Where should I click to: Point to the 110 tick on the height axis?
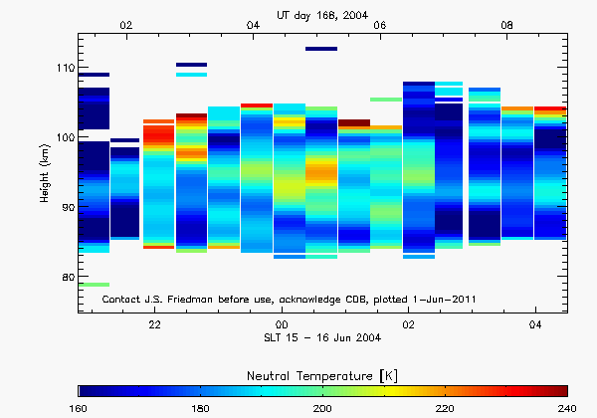(x=66, y=68)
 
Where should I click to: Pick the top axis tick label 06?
(x=379, y=25)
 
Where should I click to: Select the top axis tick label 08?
(x=506, y=25)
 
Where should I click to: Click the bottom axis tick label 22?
(x=155, y=325)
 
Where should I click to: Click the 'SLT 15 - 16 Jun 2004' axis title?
(x=322, y=340)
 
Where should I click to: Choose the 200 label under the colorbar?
(x=322, y=408)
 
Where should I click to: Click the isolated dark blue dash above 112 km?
(x=321, y=48)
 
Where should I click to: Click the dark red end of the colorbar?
(x=562, y=390)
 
